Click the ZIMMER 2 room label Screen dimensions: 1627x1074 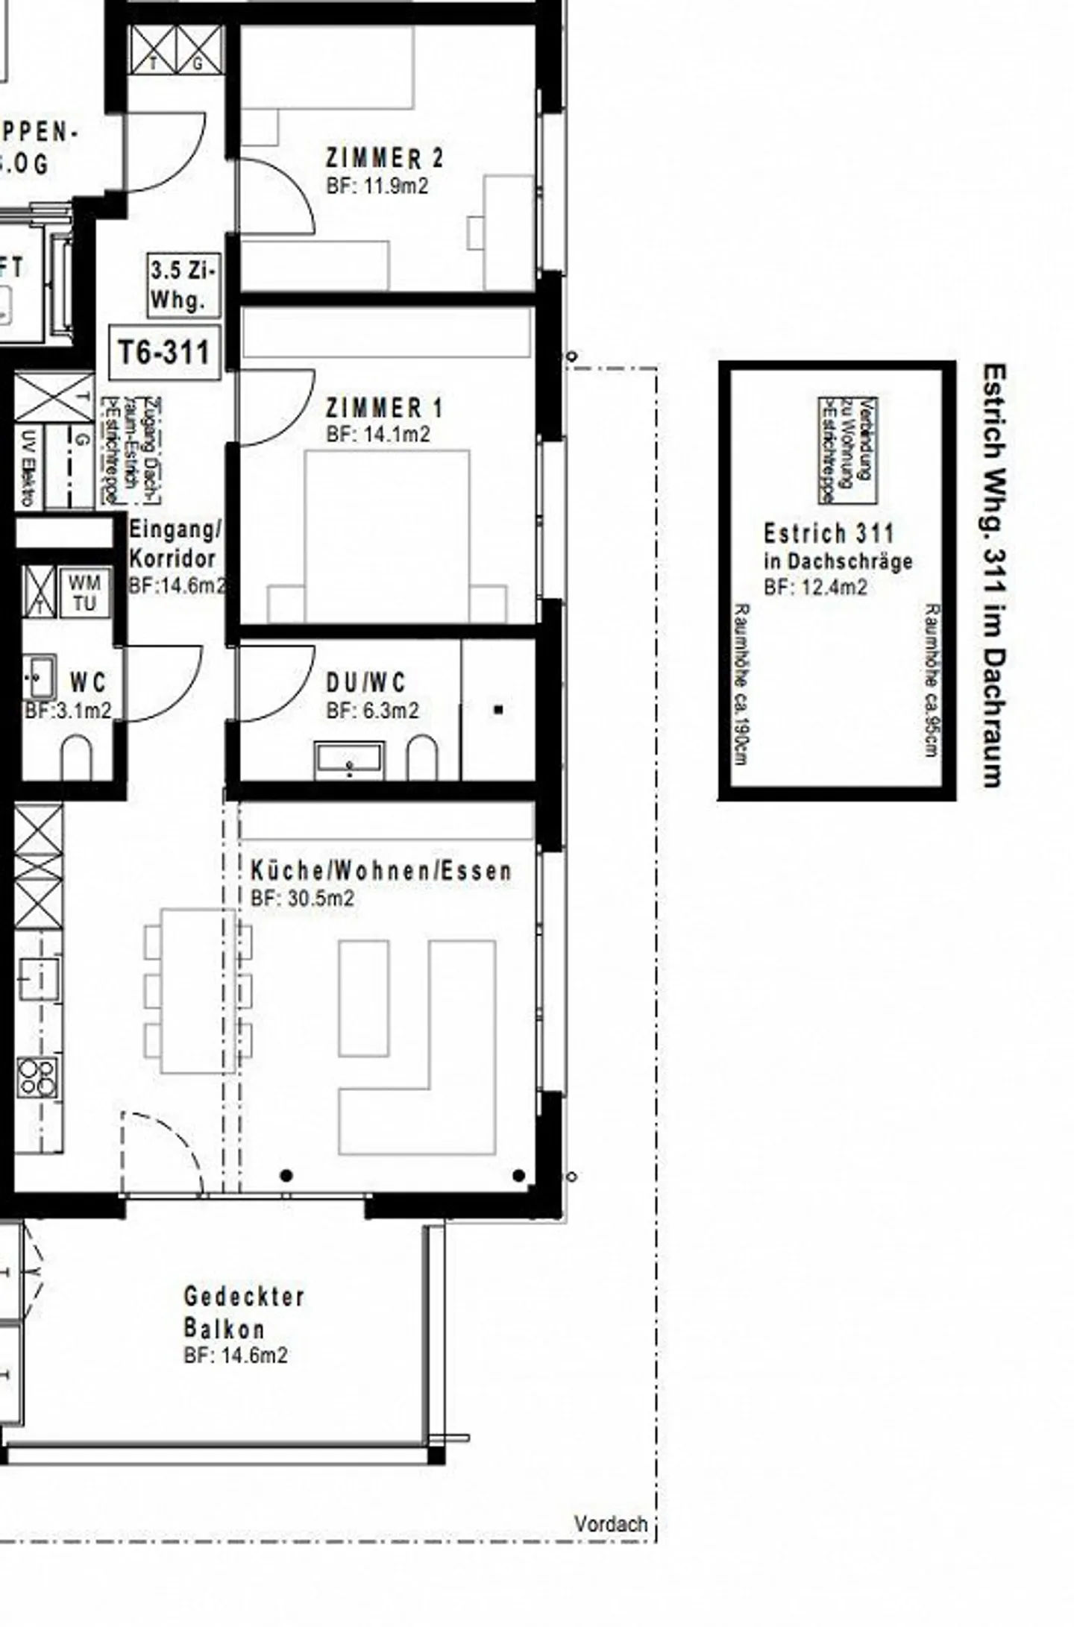coord(384,158)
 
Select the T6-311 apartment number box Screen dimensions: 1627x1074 coord(165,352)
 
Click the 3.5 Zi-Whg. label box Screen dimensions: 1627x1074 coord(183,285)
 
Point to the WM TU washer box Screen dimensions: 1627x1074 coord(84,593)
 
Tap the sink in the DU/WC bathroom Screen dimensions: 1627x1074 coord(349,759)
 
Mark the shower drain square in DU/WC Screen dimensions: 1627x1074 coord(498,710)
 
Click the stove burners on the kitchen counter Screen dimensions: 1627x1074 coord(37,1077)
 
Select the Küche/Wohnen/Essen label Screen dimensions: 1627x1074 coord(381,871)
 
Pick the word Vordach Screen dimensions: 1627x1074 coord(610,1523)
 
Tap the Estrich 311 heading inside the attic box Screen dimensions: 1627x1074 coord(828,533)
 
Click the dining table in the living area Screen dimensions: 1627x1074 coord(198,990)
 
